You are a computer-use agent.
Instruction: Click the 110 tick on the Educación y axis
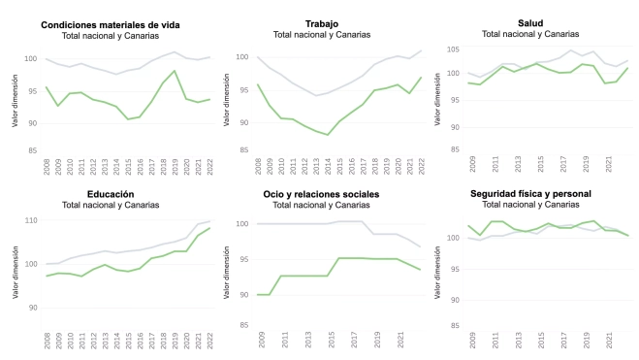pyautogui.click(x=31, y=221)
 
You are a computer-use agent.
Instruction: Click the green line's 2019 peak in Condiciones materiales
pyautogui.click(x=174, y=71)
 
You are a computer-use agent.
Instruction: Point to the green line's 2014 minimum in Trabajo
pyautogui.click(x=329, y=135)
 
